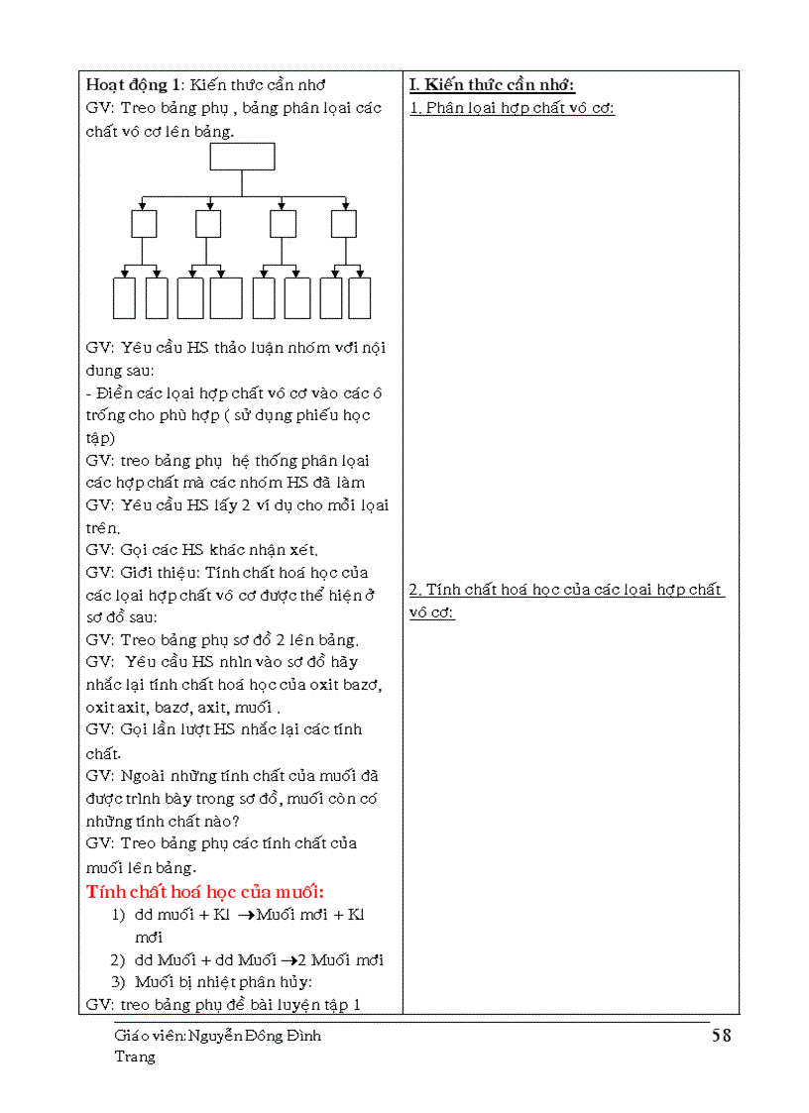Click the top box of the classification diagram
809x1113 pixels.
(242, 157)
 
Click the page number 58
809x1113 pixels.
(721, 1036)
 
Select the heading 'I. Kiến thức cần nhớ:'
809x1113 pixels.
(492, 85)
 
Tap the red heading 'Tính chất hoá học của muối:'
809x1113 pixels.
(206, 891)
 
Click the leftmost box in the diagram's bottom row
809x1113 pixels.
(124, 298)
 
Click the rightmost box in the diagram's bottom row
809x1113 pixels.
(360, 298)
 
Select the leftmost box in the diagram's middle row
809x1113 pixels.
(144, 224)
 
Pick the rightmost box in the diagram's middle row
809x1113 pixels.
(343, 224)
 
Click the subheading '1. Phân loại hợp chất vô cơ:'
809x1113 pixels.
(512, 108)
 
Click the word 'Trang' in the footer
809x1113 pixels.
(135, 1057)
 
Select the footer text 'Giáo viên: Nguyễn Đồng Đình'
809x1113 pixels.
(217, 1037)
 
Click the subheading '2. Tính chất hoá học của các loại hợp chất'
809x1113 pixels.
(566, 590)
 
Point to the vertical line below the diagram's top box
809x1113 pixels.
(242, 183)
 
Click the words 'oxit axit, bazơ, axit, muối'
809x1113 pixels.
(183, 708)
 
